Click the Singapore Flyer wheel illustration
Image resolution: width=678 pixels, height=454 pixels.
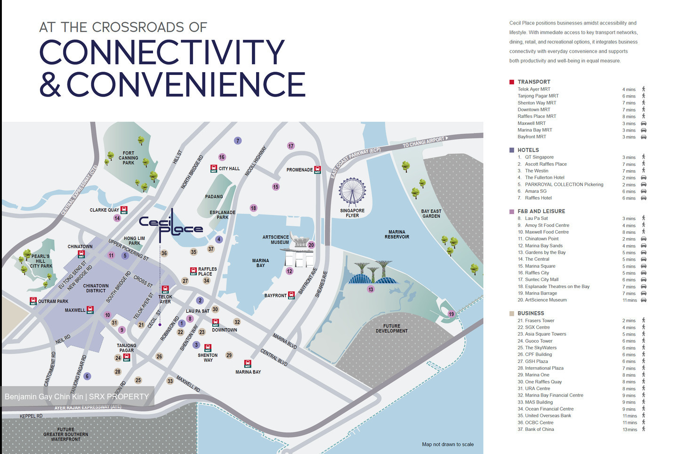[352, 191]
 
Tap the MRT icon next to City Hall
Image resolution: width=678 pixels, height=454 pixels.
[213, 168]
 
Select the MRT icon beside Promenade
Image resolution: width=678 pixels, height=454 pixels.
[317, 170]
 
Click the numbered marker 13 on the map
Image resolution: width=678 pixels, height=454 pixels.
[371, 289]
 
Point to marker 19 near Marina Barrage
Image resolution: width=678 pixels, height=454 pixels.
[451, 314]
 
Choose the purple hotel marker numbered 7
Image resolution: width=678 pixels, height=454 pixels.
[238, 140]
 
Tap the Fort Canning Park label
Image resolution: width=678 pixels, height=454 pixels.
[129, 158]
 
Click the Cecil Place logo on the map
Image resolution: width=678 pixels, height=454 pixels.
[171, 226]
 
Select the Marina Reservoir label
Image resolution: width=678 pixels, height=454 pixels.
[397, 234]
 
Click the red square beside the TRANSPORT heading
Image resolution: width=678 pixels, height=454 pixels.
[512, 82]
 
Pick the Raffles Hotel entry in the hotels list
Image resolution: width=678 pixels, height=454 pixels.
[538, 198]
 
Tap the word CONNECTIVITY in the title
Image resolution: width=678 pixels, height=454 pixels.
[162, 52]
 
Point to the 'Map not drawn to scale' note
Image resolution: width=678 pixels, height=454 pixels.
[448, 444]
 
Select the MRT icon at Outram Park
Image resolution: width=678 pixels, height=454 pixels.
[33, 301]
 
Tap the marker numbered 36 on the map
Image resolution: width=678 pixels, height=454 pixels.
[164, 253]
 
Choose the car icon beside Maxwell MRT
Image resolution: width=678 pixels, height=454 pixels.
[644, 124]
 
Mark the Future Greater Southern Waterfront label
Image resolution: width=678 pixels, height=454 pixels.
[66, 434]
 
